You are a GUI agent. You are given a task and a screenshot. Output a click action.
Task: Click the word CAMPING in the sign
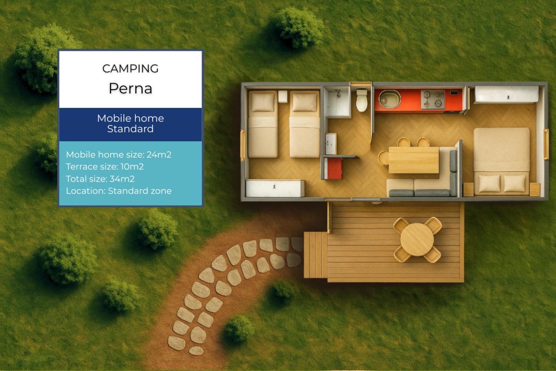pos(130,68)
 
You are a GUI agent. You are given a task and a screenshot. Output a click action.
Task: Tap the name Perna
pos(130,88)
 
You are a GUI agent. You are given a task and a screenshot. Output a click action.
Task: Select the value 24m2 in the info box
pos(159,155)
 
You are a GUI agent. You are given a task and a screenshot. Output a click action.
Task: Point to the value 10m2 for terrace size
pos(132,167)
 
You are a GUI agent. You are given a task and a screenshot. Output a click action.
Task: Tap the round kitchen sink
pos(389,99)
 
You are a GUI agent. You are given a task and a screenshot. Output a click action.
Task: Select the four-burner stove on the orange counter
pos(433,99)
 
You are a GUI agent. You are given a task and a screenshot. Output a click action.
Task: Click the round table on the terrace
pos(417,239)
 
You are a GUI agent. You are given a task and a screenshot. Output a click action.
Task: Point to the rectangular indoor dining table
pos(413,160)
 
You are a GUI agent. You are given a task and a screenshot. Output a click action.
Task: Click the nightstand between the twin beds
pos(282,96)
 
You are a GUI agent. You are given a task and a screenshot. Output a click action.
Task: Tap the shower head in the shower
pos(338,93)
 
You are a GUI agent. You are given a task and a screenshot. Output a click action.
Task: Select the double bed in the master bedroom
pos(501,161)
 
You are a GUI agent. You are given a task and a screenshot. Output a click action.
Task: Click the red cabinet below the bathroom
pos(333,168)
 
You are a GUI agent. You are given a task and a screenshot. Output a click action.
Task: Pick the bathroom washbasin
pos(330,143)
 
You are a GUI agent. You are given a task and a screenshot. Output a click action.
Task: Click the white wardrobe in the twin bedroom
pos(275,188)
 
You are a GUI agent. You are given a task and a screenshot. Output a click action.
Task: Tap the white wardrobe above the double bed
pos(506,94)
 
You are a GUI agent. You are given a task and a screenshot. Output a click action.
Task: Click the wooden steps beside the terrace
pos(316,255)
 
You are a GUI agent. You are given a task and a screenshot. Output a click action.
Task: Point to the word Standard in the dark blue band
pos(130,129)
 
